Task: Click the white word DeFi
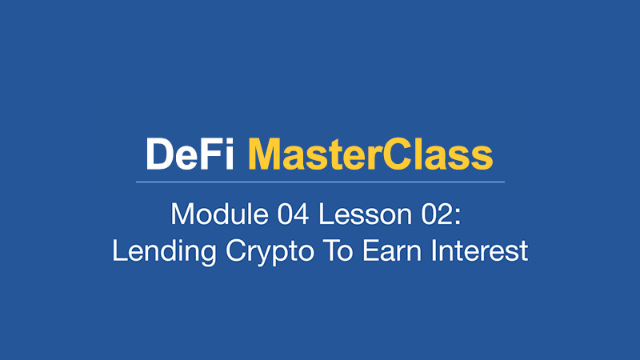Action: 190,154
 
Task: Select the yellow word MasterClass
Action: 370,154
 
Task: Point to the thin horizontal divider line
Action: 320,182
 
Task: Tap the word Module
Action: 219,214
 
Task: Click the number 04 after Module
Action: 293,214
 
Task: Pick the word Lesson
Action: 366,214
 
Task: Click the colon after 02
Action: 458,217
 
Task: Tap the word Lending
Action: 164,251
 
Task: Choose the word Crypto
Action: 270,251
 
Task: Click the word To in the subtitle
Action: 338,250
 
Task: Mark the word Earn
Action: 392,250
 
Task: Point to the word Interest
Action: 480,250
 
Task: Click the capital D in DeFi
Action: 160,154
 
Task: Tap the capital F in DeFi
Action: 211,154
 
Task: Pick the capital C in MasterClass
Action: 398,154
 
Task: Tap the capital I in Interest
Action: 434,250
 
